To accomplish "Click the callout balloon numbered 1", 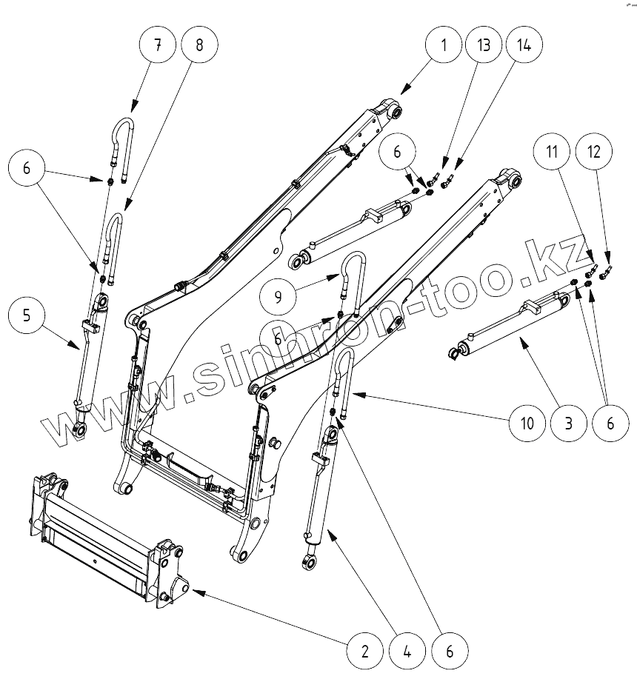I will (444, 44).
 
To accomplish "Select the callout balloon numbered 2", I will (364, 652).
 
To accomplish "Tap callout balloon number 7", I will (157, 44).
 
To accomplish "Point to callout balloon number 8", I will (198, 44).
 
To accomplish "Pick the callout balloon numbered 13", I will (484, 44).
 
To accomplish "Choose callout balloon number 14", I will (524, 44).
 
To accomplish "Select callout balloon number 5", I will (27, 315).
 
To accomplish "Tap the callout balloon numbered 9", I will (279, 297).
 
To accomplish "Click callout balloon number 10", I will (526, 424).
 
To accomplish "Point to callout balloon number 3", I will (568, 424).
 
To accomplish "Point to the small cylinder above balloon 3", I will (511, 324).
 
